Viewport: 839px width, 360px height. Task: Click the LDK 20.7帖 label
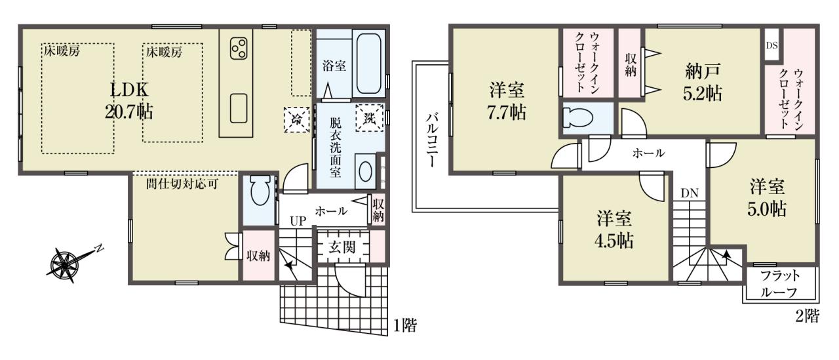[x=129, y=100]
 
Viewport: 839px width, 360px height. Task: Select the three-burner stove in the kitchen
[x=239, y=49]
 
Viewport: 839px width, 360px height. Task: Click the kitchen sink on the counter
[x=239, y=108]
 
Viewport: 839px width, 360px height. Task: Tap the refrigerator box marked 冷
[x=297, y=119]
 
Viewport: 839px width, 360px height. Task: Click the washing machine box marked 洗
[x=370, y=118]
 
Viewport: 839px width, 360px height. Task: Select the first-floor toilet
[x=259, y=191]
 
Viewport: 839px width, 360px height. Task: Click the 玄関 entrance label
[x=342, y=247]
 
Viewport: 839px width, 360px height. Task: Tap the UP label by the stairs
[x=298, y=221]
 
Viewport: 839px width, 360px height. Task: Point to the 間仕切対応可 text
[x=182, y=184]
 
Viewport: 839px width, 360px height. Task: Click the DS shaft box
[x=771, y=45]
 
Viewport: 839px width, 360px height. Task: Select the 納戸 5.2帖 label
[x=702, y=83]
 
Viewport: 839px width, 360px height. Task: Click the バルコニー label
[x=431, y=140]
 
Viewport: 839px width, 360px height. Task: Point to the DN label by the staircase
[x=690, y=193]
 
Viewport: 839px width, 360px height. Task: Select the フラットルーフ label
[x=781, y=285]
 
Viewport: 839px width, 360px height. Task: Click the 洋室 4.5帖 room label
[x=614, y=230]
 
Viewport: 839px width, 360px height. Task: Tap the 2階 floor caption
[x=807, y=316]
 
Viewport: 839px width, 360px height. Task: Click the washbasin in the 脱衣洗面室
[x=366, y=172]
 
